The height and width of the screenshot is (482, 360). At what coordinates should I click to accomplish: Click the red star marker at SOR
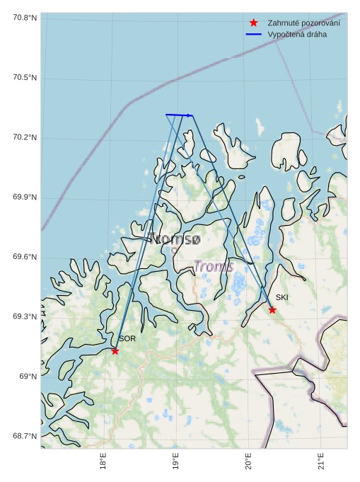tap(115, 351)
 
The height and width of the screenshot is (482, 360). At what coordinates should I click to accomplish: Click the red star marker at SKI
tap(272, 310)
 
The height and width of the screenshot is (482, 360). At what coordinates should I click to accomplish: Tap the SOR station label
tap(127, 339)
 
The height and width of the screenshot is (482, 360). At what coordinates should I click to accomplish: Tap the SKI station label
tap(282, 297)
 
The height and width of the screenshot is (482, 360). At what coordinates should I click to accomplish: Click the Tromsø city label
tap(175, 239)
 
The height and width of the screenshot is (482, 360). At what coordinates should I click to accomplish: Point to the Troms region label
tap(214, 267)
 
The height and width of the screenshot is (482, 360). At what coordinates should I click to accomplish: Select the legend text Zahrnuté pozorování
tap(303, 23)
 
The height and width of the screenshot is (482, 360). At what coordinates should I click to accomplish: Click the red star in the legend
tap(254, 23)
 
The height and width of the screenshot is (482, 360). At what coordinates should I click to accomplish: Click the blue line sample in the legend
tap(254, 35)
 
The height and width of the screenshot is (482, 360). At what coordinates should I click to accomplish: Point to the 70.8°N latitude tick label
tap(25, 18)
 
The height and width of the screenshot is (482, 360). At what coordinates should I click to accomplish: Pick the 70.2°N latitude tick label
tap(25, 137)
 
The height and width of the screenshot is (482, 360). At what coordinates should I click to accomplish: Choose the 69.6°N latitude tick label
tap(25, 257)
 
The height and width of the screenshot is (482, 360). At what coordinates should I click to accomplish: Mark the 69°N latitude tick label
tap(28, 377)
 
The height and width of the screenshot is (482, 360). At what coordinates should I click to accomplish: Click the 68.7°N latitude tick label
tap(25, 436)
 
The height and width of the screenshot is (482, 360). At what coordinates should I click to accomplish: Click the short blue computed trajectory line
tap(179, 115)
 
